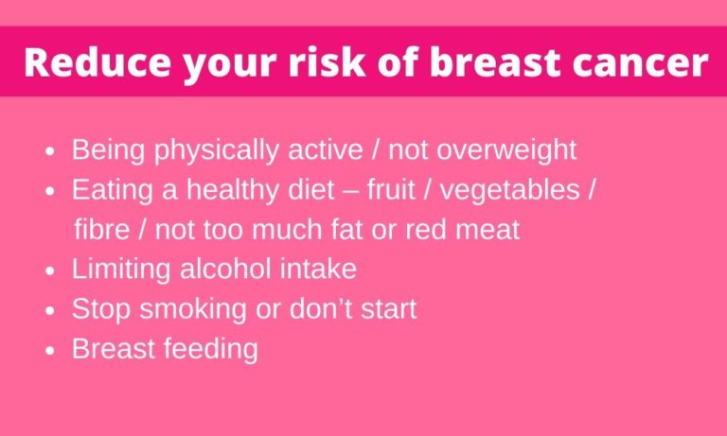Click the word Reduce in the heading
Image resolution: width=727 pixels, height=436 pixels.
click(98, 61)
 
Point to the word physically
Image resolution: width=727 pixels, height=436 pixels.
click(217, 151)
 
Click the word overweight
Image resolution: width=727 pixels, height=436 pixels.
click(506, 151)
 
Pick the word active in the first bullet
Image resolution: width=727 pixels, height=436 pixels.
click(325, 149)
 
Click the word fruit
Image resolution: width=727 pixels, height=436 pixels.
click(391, 190)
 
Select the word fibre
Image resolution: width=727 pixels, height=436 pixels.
click(101, 230)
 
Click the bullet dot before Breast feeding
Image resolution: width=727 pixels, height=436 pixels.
click(50, 351)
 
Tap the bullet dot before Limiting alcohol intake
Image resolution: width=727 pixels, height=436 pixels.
click(50, 271)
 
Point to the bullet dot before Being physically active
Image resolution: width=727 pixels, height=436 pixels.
click(50, 151)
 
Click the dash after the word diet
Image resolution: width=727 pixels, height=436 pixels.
click(350, 192)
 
